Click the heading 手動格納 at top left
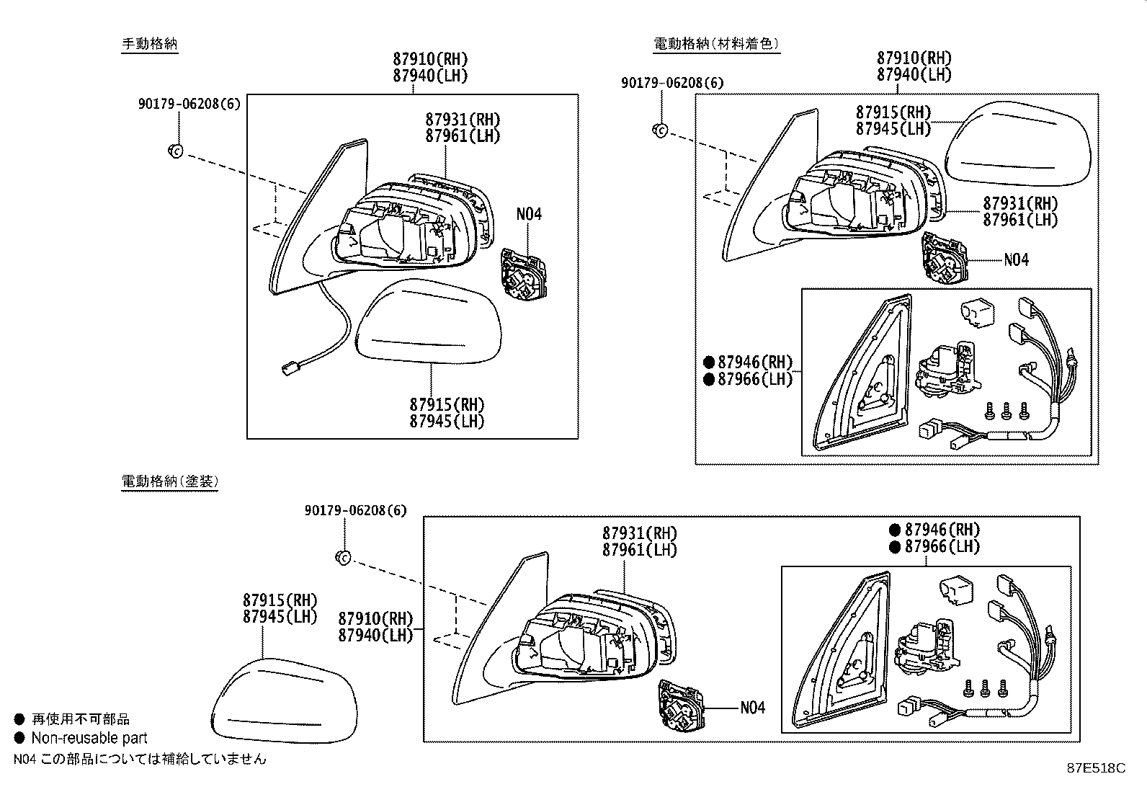coord(149,44)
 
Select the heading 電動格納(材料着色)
coord(715,44)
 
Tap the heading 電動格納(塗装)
coord(169,481)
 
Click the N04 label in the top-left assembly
coord(528,214)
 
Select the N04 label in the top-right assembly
coord(1016,259)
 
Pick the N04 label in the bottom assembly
coord(752,708)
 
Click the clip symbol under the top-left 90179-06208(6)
coord(175,151)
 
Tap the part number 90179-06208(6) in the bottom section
coord(355,510)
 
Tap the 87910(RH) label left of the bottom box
coord(375,618)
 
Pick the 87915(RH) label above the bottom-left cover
coord(280,600)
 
